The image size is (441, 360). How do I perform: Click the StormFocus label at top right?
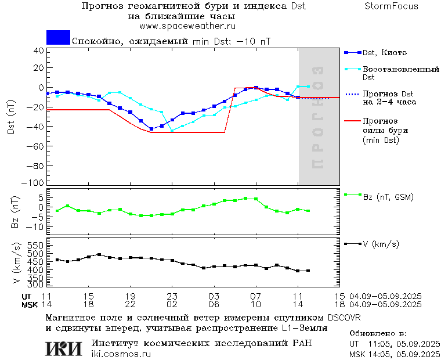pos(391,6)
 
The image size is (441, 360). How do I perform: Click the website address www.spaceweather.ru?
pos(187,26)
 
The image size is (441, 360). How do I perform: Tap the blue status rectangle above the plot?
pos(58,37)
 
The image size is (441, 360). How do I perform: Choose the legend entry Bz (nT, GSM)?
pos(388,197)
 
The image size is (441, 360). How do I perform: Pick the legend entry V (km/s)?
pos(381,244)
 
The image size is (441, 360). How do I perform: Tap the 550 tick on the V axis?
pos(36,245)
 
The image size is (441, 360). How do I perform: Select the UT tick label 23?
pos(172,296)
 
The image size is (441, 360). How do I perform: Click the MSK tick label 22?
pos(131,304)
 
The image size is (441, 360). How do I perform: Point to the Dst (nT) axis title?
pos(11,117)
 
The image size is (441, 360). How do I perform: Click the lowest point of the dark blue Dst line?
pos(151,129)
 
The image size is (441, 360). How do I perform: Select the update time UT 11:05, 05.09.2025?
pos(393,343)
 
